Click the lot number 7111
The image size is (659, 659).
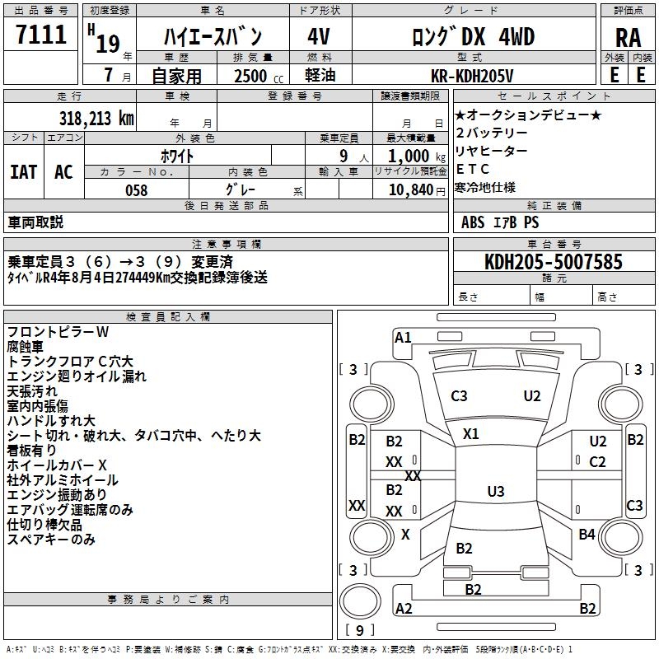tap(41, 36)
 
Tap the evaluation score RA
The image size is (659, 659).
tap(628, 38)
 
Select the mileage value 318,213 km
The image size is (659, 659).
tap(96, 118)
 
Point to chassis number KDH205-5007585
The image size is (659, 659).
tap(554, 262)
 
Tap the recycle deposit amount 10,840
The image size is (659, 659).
tap(409, 189)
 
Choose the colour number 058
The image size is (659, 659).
tap(137, 189)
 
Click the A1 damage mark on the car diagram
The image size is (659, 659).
tap(403, 337)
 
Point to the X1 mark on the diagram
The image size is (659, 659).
tap(471, 433)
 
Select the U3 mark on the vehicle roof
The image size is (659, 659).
tap(495, 492)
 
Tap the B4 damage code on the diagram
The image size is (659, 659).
tap(587, 535)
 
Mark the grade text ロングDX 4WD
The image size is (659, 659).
tap(473, 36)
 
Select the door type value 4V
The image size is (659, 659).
tap(319, 36)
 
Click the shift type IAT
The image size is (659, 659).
tap(23, 171)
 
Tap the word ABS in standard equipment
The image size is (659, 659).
tap(473, 222)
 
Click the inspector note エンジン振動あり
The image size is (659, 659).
tap(57, 495)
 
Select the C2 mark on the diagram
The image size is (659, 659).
tap(597, 461)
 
